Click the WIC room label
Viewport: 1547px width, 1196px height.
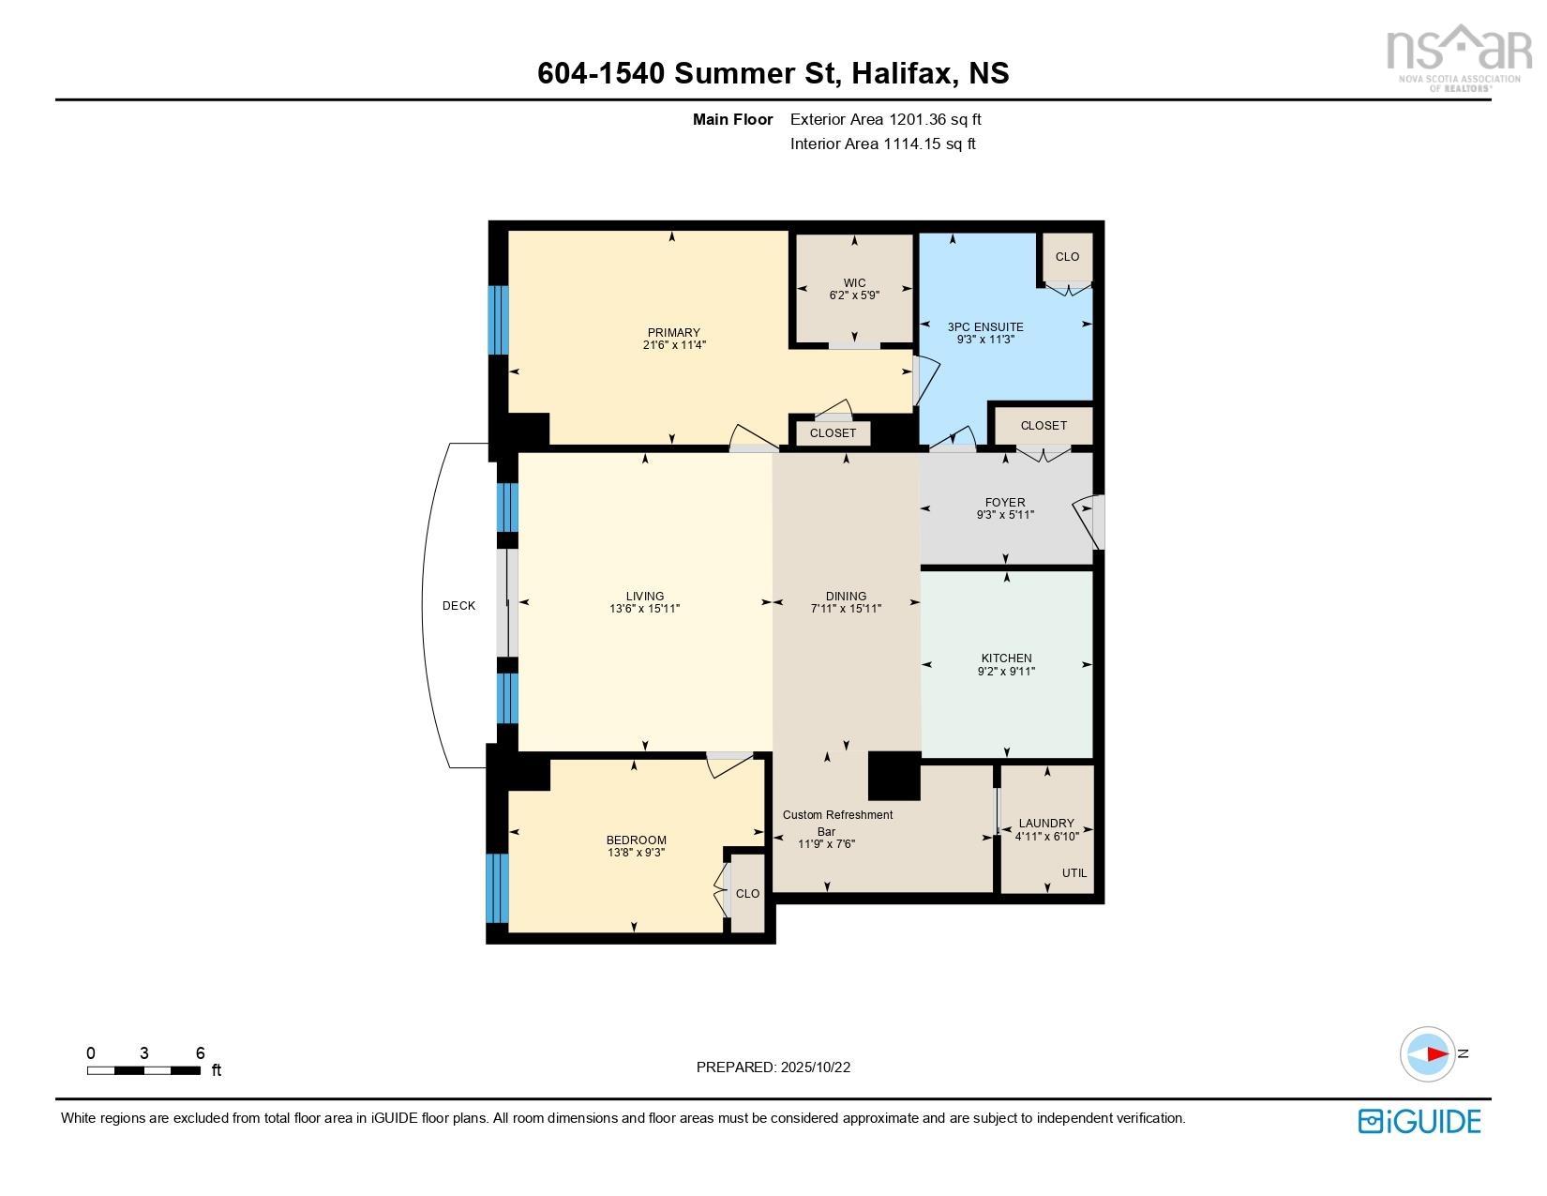click(x=853, y=282)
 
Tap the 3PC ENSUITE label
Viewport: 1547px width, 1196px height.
click(x=984, y=326)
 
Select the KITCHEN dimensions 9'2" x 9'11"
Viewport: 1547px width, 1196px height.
click(x=1006, y=672)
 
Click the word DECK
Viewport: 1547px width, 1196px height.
click(x=458, y=606)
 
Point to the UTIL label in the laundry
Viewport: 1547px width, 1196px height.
click(x=1074, y=872)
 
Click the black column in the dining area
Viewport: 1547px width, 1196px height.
click(x=894, y=775)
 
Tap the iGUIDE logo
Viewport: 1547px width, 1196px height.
click(x=1419, y=1121)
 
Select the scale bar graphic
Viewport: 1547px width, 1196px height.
click(x=143, y=1070)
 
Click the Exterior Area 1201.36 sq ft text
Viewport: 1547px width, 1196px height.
click(x=885, y=119)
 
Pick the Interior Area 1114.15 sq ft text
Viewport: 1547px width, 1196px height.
click(x=882, y=144)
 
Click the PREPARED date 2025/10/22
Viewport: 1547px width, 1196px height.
click(x=773, y=1067)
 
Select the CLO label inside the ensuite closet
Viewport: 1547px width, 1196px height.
click(x=1067, y=257)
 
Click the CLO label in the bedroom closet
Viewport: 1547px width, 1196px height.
click(x=747, y=894)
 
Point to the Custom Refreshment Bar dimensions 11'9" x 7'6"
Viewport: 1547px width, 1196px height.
click(x=826, y=844)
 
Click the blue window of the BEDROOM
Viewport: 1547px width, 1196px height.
click(x=498, y=888)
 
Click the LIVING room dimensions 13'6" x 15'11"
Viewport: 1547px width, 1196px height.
click(x=644, y=609)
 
